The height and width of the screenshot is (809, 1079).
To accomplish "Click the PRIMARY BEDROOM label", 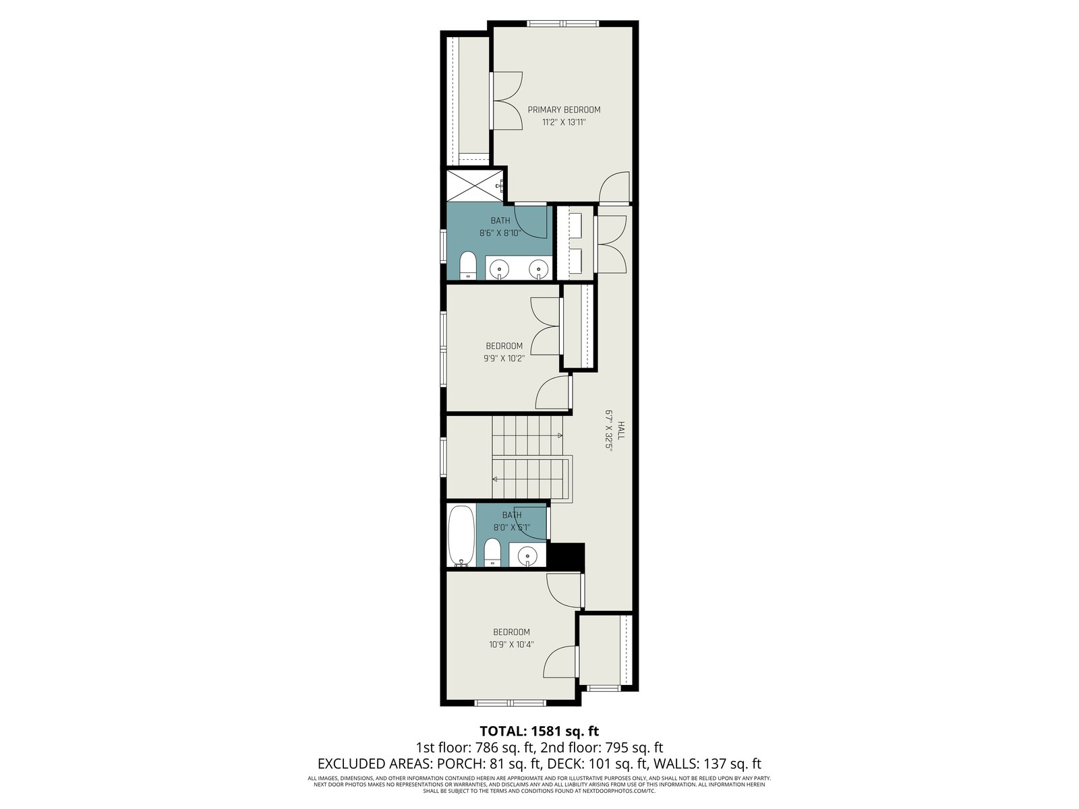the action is pyautogui.click(x=564, y=109).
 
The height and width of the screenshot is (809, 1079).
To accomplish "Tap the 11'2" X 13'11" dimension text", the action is pyautogui.click(x=564, y=122).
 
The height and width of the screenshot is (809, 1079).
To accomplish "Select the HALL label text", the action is pyautogui.click(x=620, y=430).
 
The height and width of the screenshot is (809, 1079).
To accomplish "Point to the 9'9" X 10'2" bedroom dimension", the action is pyautogui.click(x=504, y=358).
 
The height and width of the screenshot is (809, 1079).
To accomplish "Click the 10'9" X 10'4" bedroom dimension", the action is pyautogui.click(x=511, y=644).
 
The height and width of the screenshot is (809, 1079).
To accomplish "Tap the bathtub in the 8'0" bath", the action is pyautogui.click(x=461, y=536).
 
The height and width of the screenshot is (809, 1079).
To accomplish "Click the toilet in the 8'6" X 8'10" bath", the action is pyautogui.click(x=468, y=266).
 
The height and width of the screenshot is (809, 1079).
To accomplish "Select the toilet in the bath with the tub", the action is pyautogui.click(x=492, y=553).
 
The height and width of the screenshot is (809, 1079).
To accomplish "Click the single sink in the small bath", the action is pyautogui.click(x=527, y=555).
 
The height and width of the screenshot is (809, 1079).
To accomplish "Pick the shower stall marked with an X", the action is pyautogui.click(x=475, y=185).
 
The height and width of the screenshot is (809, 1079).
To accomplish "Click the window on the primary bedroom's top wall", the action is pyautogui.click(x=563, y=23).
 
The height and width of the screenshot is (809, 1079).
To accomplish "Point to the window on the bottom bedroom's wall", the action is pyautogui.click(x=511, y=703).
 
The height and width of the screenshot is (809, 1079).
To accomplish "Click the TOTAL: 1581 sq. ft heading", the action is pyautogui.click(x=539, y=731).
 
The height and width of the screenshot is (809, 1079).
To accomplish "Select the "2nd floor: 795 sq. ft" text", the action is pyautogui.click(x=602, y=748).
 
